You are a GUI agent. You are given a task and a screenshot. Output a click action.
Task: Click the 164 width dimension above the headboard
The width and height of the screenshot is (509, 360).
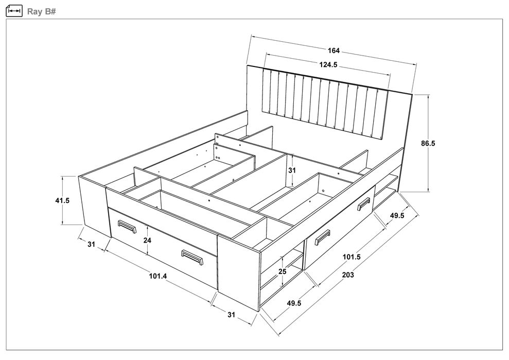coord(334,50)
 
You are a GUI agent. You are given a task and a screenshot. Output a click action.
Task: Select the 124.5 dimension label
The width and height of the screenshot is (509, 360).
coord(328,65)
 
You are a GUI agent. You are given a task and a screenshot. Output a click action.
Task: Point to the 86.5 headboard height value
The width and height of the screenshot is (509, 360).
coord(428,143)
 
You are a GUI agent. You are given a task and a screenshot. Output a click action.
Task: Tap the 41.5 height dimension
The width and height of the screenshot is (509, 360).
coord(62,200)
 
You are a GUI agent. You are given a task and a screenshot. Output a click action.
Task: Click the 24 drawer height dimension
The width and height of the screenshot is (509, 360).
coord(147,241)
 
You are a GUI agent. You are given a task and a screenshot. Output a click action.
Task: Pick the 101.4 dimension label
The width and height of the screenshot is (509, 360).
coord(158,276)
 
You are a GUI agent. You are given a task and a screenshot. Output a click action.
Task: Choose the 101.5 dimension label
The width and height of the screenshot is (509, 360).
coord(352,257)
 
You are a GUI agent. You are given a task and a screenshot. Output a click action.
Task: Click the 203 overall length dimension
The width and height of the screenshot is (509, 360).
coord(348,275)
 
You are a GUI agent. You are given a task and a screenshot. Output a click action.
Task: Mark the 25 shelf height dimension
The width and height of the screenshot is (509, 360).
coord(283,271)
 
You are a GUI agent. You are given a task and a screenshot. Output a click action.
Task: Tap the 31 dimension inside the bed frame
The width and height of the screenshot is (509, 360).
coord(292,170)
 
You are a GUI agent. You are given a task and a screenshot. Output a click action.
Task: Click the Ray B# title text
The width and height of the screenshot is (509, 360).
coord(42,12)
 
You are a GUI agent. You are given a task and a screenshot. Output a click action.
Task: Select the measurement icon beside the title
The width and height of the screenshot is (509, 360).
coord(14,11)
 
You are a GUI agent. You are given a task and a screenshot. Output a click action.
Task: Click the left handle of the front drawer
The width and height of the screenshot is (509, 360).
coord(127,226)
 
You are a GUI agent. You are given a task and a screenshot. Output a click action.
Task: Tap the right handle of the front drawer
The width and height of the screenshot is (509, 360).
coord(192,257)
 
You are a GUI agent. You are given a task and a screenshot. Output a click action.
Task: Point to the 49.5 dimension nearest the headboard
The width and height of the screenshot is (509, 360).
coord(397,215)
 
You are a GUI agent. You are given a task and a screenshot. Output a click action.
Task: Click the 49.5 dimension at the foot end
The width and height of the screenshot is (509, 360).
coord(294,303)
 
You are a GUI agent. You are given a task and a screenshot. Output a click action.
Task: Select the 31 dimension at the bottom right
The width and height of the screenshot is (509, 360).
coord(231,315)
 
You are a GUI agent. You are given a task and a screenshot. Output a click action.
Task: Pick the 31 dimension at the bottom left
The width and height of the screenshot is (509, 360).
coord(92,244)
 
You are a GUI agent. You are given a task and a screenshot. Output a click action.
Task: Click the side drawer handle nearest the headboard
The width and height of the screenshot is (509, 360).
coord(364,204)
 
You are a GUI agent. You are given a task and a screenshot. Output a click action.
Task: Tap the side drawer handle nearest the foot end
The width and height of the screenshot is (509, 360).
coord(322,237)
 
